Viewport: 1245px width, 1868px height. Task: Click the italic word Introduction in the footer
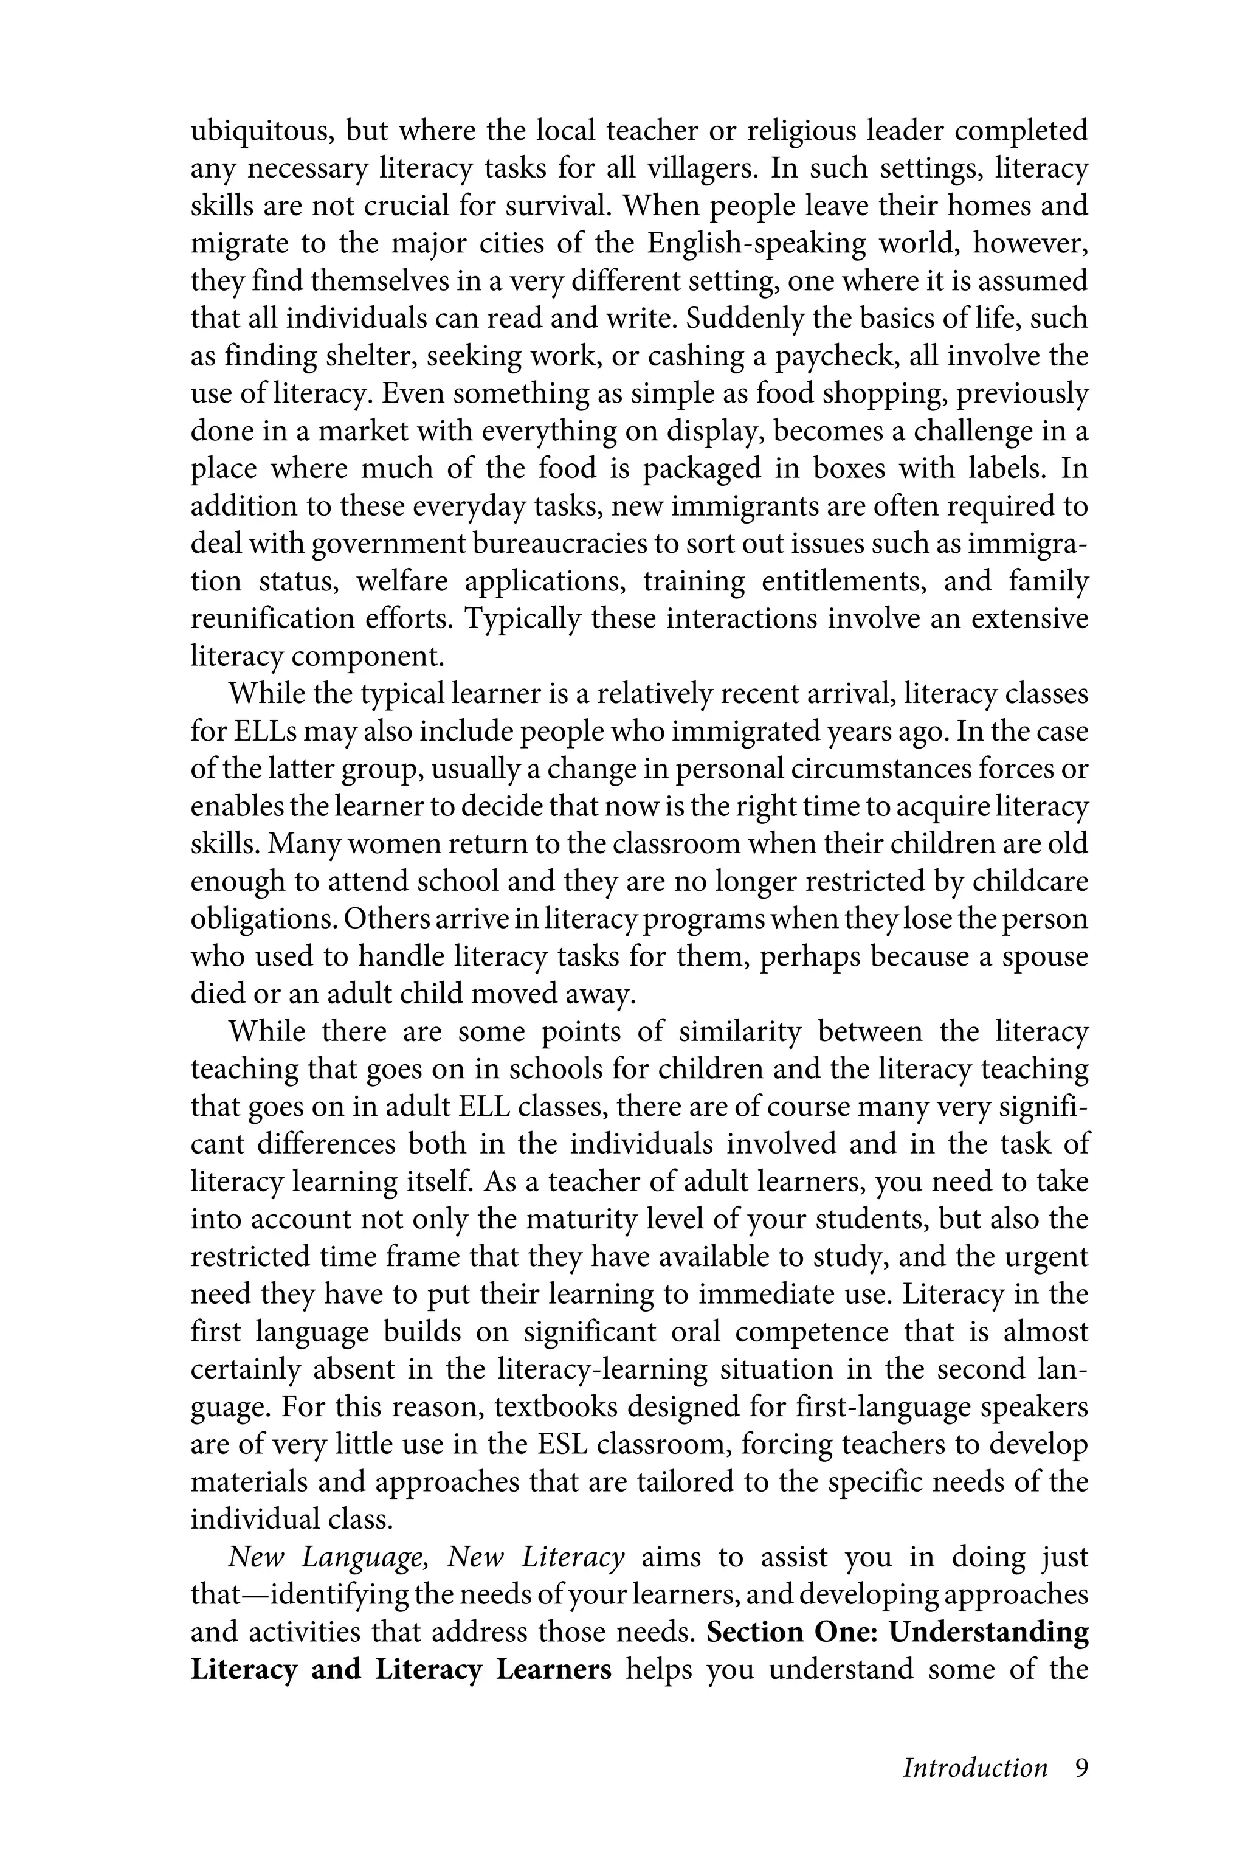975,1768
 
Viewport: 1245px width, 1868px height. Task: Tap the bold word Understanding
988,1633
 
